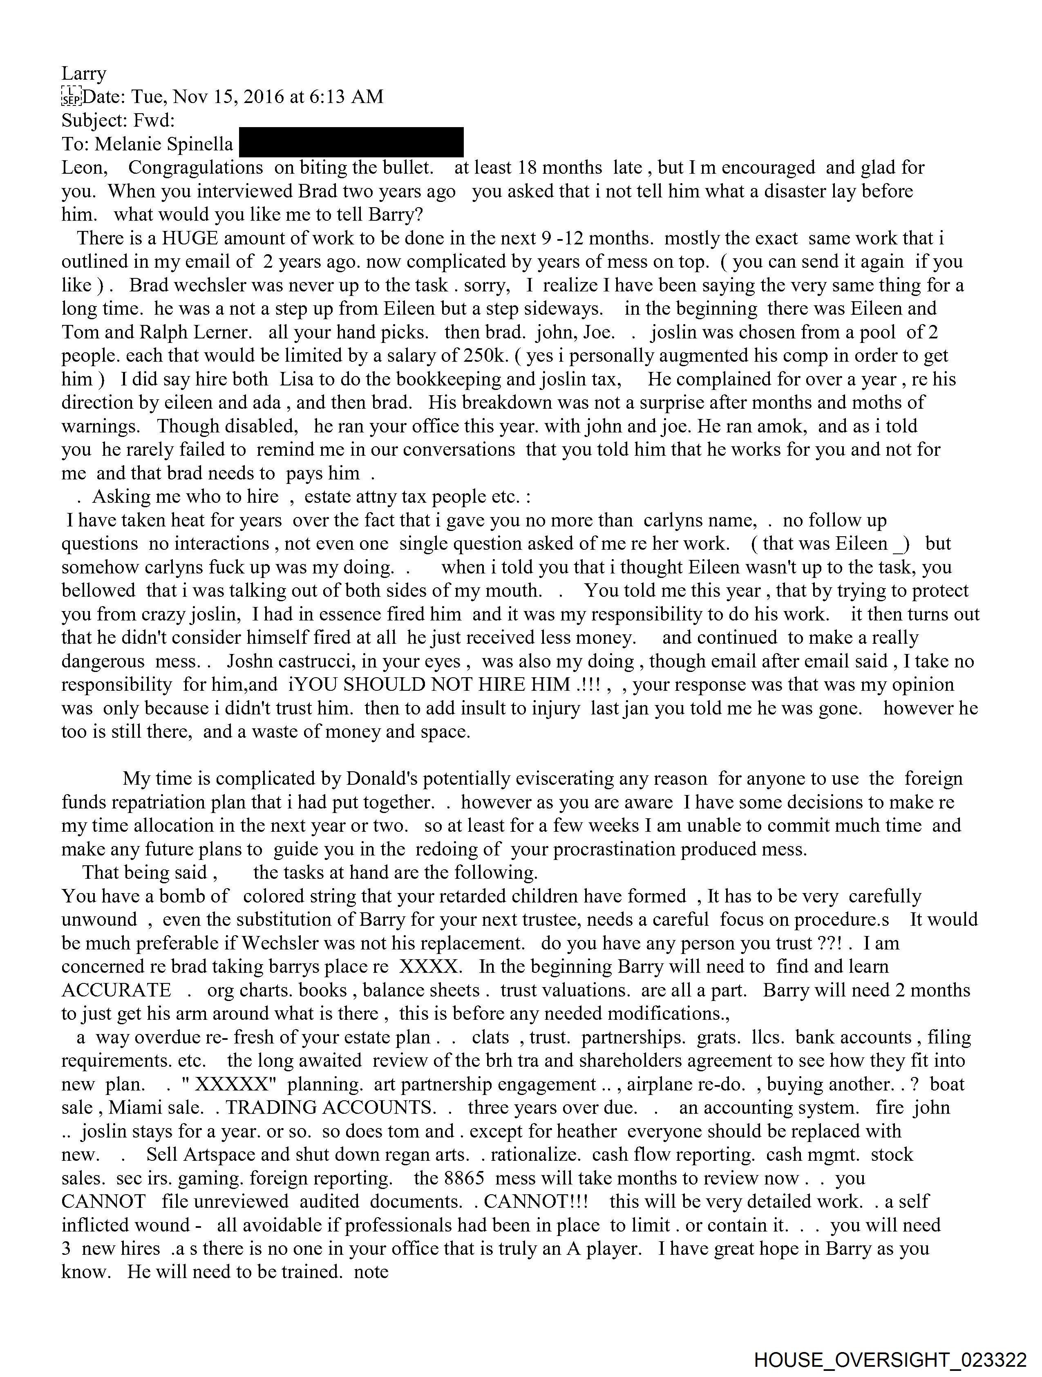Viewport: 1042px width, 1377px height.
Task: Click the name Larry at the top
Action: pyautogui.click(x=84, y=74)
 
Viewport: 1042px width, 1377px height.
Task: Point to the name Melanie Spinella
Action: pyautogui.click(x=164, y=144)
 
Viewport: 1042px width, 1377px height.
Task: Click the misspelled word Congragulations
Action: pyautogui.click(x=195, y=168)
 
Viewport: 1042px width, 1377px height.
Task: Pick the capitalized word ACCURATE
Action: pyautogui.click(x=116, y=990)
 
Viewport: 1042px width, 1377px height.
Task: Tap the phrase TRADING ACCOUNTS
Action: pyautogui.click(x=331, y=1108)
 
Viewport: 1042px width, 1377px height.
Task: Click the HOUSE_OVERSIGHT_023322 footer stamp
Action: pyautogui.click(x=890, y=1359)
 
